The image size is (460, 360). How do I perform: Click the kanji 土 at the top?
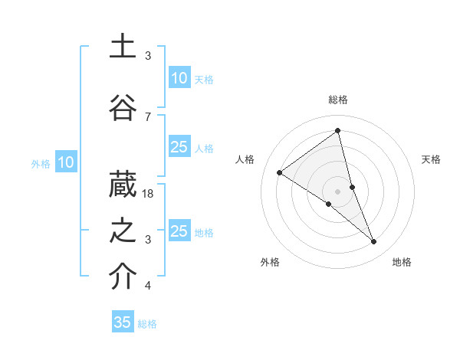pyautogui.click(x=123, y=47)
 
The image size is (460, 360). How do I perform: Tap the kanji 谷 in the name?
pyautogui.click(x=123, y=108)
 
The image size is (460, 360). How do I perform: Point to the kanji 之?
pyautogui.click(x=123, y=231)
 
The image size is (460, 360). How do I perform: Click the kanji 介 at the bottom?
pyautogui.click(x=123, y=277)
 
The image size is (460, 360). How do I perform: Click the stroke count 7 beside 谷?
pyautogui.click(x=148, y=116)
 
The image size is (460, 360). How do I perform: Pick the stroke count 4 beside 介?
pyautogui.click(x=148, y=286)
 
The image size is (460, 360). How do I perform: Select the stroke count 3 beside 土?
pyautogui.click(x=148, y=56)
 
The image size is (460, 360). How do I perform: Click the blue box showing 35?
pyautogui.click(x=123, y=322)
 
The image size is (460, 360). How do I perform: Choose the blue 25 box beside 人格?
pyautogui.click(x=179, y=147)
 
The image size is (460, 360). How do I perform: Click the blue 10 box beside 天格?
pyautogui.click(x=179, y=78)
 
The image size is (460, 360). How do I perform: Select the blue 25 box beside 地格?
pyautogui.click(x=179, y=231)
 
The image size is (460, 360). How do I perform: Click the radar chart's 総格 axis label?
pyautogui.click(x=338, y=100)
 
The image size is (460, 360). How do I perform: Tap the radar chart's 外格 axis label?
pyautogui.click(x=270, y=262)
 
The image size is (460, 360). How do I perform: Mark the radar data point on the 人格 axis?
pyautogui.click(x=280, y=172)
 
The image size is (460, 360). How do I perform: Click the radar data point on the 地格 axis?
pyautogui.click(x=374, y=241)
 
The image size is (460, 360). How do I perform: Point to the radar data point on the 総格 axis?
pyautogui.click(x=338, y=131)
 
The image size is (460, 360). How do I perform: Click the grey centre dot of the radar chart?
pyautogui.click(x=338, y=191)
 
